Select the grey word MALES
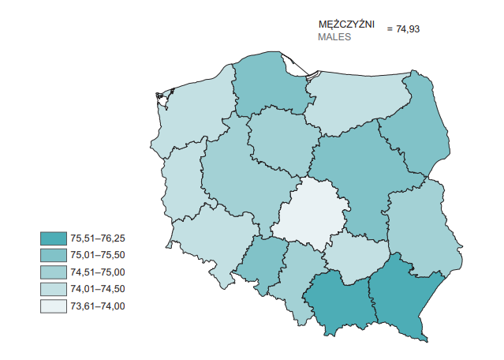click(x=334, y=37)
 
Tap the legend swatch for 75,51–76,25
click(x=54, y=238)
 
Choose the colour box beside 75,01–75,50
click(x=54, y=255)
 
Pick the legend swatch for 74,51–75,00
click(x=54, y=272)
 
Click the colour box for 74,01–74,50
click(x=54, y=289)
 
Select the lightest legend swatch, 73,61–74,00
click(x=54, y=306)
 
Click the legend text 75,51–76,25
click(x=98, y=238)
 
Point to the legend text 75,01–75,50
click(x=98, y=255)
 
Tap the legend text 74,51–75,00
click(x=98, y=272)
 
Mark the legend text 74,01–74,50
click(x=98, y=289)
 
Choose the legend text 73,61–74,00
click(x=98, y=306)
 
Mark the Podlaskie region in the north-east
click(x=414, y=126)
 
